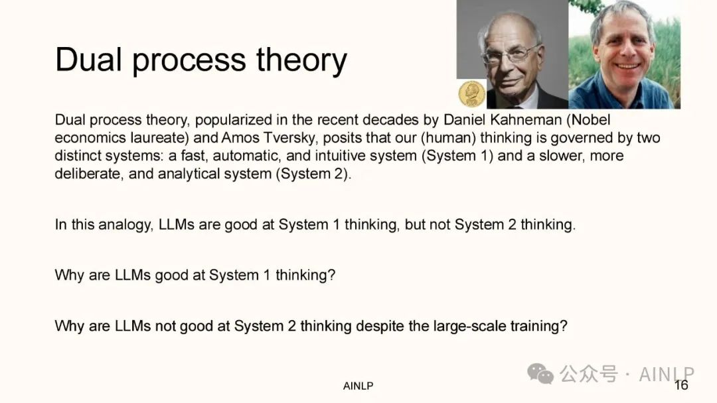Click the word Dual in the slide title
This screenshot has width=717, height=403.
click(88, 60)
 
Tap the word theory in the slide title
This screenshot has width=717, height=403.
click(301, 61)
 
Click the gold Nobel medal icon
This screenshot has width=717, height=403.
click(471, 94)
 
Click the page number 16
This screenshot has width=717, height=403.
click(681, 385)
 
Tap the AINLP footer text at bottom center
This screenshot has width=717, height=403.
click(358, 386)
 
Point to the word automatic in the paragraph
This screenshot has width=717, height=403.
click(246, 156)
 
